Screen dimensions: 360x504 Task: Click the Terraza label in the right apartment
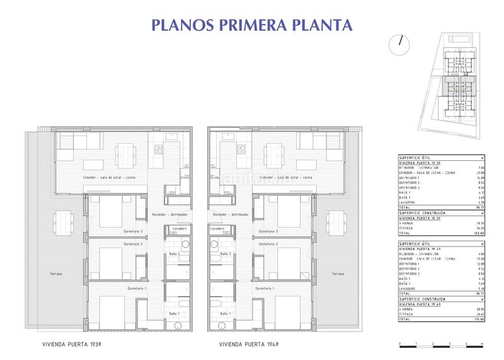click(x=338, y=274)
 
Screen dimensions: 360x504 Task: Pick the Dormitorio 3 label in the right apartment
click(x=268, y=231)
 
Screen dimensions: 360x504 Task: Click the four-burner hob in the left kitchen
click(x=158, y=149)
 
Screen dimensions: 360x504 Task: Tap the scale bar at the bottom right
click(x=441, y=344)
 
